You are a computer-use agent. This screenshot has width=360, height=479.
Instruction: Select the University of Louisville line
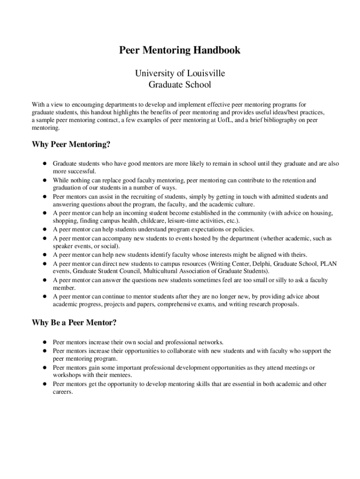click(x=180, y=73)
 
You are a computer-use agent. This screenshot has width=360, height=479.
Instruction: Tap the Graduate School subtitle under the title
click(x=180, y=85)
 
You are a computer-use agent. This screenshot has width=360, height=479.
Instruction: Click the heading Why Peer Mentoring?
click(x=71, y=144)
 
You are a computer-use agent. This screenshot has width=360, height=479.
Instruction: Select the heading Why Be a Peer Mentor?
click(x=74, y=323)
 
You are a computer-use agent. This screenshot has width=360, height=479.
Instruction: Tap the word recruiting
click(x=134, y=197)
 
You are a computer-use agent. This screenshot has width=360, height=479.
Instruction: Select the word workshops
click(x=67, y=375)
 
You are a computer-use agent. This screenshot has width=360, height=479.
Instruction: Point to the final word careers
click(x=63, y=392)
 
